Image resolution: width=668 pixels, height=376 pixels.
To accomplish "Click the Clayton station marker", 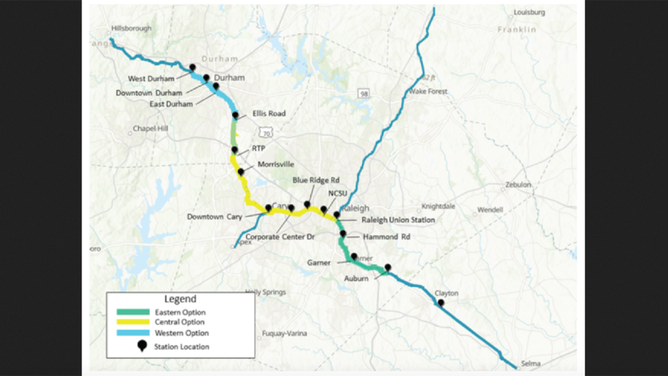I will click(x=441, y=303).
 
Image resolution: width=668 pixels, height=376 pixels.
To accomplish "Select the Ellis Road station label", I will click(x=269, y=113).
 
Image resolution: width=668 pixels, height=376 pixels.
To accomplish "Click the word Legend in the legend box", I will click(x=181, y=300).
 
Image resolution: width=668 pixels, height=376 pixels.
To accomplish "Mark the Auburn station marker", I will click(x=387, y=267).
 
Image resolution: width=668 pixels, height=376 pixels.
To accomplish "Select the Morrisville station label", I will click(x=276, y=164).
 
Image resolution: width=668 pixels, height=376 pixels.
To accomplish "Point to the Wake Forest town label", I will click(x=428, y=92).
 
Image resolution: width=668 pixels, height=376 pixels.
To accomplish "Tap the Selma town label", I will click(x=524, y=364).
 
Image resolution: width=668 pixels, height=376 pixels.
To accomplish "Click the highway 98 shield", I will click(x=363, y=95).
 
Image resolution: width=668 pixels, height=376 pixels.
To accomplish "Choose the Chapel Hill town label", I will click(x=150, y=129).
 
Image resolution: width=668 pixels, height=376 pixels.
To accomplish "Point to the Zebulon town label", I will click(x=518, y=185).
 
